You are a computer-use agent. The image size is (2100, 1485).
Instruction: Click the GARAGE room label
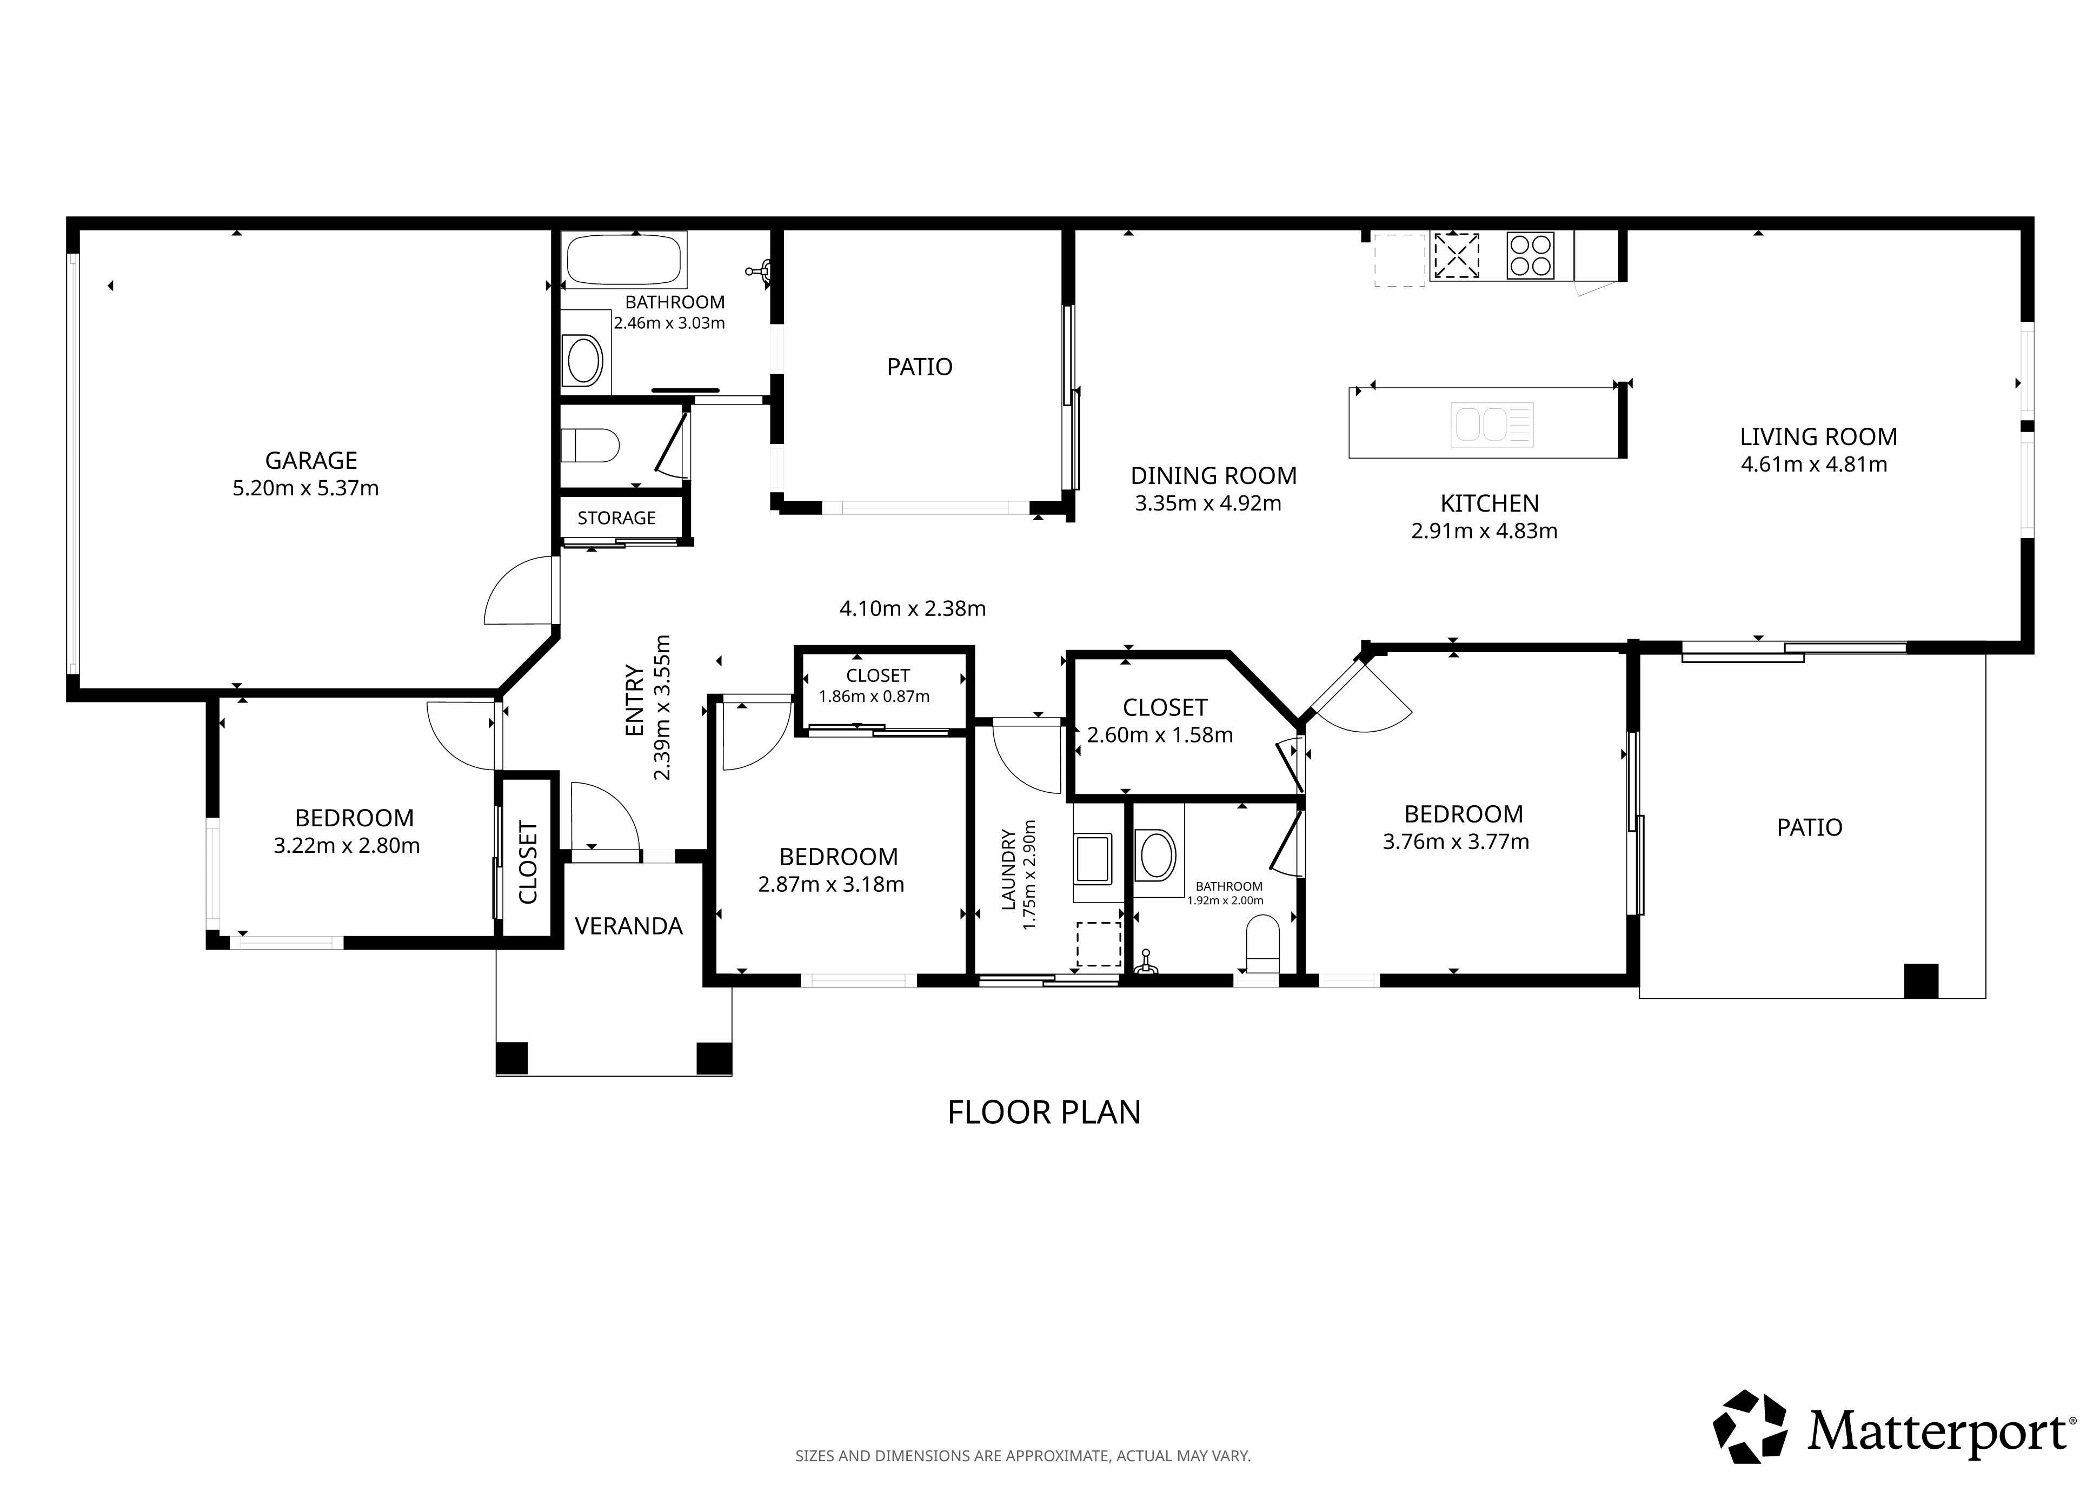pos(311,460)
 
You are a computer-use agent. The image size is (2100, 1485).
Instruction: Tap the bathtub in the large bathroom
pos(624,260)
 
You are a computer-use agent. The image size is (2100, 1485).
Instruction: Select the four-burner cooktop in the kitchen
pos(1530,255)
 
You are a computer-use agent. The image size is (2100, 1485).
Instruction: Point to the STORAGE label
pos(616,518)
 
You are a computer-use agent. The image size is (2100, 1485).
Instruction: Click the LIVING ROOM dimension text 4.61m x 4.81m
pos(1814,464)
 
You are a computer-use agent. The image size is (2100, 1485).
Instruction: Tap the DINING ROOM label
pos(1214,476)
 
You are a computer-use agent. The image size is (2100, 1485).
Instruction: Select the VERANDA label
pos(629,926)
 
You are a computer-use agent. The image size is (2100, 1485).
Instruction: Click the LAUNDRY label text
pos(1009,869)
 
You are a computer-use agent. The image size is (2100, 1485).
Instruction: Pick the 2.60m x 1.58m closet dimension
pos(1160,735)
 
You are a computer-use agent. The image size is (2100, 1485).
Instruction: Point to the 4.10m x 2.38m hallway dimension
pos(913,608)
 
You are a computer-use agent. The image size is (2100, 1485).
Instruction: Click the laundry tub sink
pos(1094,857)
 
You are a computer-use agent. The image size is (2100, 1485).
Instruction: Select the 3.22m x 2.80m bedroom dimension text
pos(347,845)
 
